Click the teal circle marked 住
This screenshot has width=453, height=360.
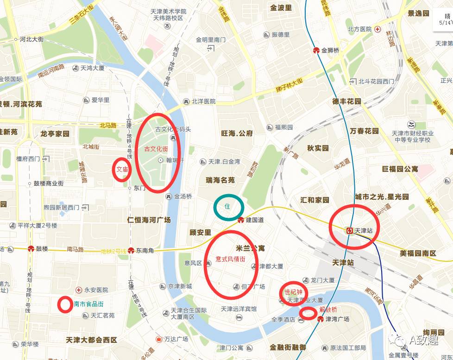pyautogui.click(x=228, y=207)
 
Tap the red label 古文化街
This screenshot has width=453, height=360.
pyautogui.click(x=156, y=149)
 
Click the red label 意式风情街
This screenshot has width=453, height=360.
pyautogui.click(x=230, y=259)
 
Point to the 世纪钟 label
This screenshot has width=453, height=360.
pyautogui.click(x=293, y=292)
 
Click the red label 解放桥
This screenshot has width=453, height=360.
pyautogui.click(x=328, y=309)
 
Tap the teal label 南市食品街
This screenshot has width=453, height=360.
pyautogui.click(x=88, y=304)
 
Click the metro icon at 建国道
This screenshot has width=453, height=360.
pyautogui.click(x=241, y=220)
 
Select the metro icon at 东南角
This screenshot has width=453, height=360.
pyautogui.click(x=131, y=251)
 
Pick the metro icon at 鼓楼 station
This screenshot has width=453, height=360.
pyautogui.click(x=31, y=249)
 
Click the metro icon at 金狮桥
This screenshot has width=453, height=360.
pyautogui.click(x=316, y=51)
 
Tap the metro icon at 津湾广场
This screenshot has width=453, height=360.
pyautogui.click(x=321, y=319)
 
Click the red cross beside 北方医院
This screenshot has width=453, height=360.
pyautogui.click(x=378, y=29)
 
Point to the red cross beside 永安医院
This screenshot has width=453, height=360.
pyautogui.click(x=79, y=290)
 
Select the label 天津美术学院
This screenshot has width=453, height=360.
pyautogui.click(x=168, y=11)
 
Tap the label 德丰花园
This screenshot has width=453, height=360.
pyautogui.click(x=346, y=101)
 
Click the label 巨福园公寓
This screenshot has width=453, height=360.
pyautogui.click(x=400, y=169)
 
